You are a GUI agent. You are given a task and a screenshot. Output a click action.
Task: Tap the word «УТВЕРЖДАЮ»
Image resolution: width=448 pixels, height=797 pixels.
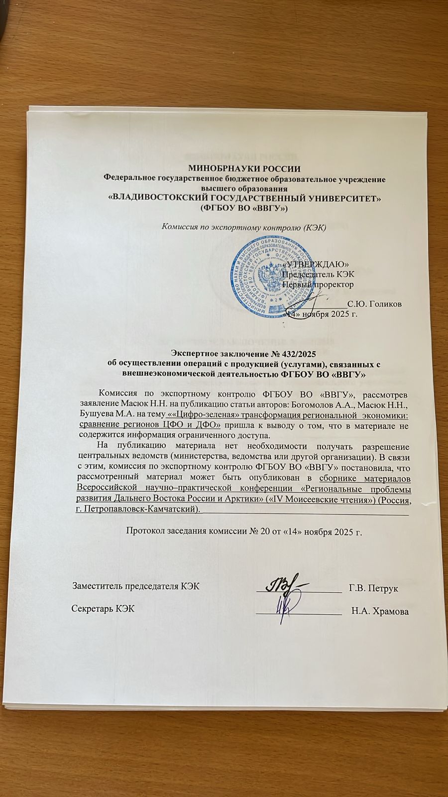pos(316,264)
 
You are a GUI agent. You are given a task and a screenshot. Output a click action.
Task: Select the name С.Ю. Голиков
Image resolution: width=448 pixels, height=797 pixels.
pos(375,303)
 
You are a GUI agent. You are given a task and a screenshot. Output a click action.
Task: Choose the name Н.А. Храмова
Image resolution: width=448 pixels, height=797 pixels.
pos(380,611)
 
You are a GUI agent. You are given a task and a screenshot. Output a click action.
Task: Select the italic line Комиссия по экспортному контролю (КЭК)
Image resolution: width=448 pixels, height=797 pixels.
pos(244,228)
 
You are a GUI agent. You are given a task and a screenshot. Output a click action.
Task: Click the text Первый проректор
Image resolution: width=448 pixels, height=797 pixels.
pos(318,284)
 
